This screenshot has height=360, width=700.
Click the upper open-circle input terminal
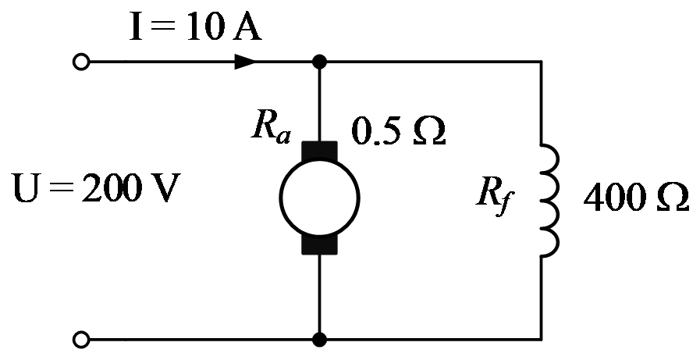click(81, 62)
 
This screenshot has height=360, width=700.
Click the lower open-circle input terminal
click(81, 340)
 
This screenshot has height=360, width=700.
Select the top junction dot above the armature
click(319, 62)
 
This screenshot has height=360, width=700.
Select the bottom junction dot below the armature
click(319, 340)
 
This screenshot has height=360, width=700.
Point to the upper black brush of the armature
click(319, 150)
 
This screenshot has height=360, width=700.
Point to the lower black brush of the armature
click(319, 244)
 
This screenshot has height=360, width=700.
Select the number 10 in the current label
click(205, 27)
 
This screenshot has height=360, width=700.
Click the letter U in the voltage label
click(27, 187)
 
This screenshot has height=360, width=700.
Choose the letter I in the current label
click(136, 27)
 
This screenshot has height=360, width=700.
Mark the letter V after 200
click(166, 188)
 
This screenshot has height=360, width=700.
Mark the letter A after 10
click(247, 27)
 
